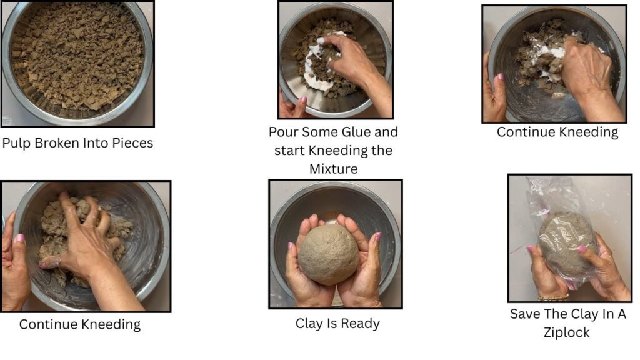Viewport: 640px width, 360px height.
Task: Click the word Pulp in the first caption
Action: (x=16, y=143)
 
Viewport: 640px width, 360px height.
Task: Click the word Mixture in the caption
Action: (x=334, y=169)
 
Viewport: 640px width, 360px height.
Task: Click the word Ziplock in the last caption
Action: (x=566, y=332)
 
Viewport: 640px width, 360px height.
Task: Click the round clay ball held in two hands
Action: (x=329, y=254)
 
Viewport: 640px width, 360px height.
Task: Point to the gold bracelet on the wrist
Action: (x=554, y=297)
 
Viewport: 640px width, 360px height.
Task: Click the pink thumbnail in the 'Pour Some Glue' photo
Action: (x=303, y=99)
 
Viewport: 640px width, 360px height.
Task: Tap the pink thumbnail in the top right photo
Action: (x=499, y=76)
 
